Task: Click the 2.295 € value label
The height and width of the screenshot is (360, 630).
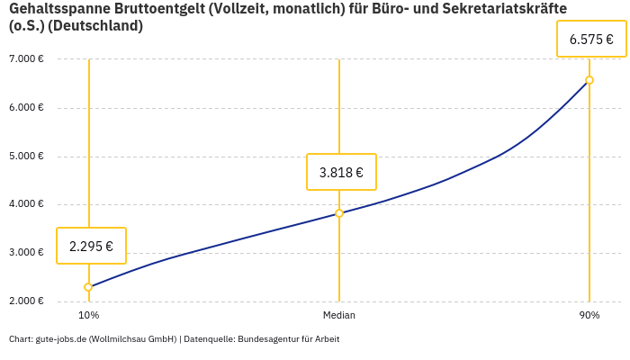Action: point(91,246)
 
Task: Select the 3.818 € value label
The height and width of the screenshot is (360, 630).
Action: point(341,172)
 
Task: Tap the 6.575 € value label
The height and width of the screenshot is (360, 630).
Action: point(591,40)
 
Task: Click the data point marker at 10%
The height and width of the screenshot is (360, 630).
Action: point(88,287)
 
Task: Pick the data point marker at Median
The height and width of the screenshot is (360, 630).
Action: point(339,213)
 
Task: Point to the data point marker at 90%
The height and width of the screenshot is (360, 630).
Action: point(589,80)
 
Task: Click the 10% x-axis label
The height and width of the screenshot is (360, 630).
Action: point(88,315)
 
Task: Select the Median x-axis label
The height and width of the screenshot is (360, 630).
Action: point(339,315)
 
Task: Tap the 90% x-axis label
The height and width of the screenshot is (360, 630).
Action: point(589,315)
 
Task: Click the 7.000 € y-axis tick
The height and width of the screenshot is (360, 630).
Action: point(26,59)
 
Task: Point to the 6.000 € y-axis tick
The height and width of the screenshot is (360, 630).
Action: point(26,108)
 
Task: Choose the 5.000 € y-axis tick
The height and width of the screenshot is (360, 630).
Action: point(26,156)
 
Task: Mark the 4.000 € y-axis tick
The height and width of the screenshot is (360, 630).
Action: point(26,204)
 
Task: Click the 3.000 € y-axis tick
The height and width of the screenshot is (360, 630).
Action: point(26,252)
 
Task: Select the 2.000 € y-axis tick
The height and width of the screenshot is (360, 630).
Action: point(26,301)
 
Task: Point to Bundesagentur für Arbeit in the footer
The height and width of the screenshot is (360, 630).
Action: point(288,339)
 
